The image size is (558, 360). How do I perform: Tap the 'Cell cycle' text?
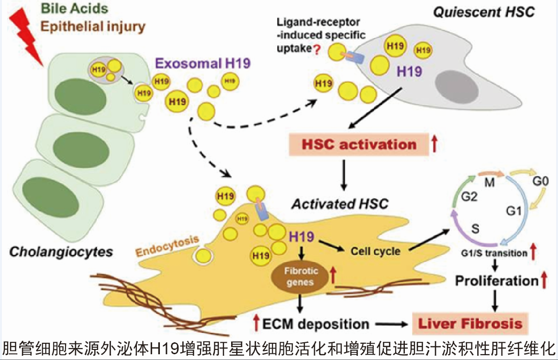click(x=376, y=250)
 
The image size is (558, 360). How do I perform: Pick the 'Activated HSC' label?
click(x=339, y=204)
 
